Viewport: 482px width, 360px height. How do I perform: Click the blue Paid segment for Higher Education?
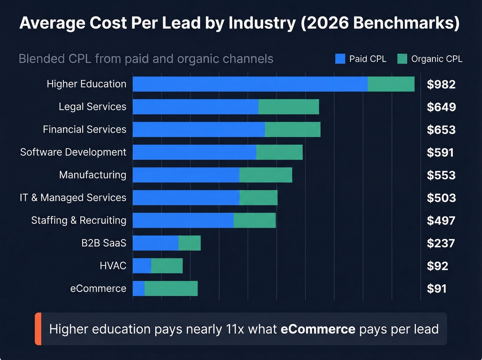click(250, 84)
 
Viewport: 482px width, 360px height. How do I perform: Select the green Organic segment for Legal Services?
click(289, 107)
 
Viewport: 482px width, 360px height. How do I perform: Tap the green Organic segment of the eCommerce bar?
click(171, 289)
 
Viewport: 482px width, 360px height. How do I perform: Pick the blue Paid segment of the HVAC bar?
click(142, 266)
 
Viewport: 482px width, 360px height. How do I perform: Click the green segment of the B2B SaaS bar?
click(189, 243)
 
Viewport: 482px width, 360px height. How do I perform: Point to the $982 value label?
click(441, 84)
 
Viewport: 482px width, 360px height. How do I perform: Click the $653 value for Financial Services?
click(441, 130)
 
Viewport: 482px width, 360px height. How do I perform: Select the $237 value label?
click(441, 244)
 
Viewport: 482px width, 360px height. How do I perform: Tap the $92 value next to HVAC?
click(437, 266)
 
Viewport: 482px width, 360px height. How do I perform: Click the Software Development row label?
click(73, 152)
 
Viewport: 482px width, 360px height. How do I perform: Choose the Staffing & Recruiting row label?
click(78, 220)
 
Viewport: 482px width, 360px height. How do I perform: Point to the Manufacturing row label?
click(93, 175)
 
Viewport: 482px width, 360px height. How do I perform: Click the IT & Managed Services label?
click(73, 198)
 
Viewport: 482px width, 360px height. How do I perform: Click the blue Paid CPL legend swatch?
click(340, 59)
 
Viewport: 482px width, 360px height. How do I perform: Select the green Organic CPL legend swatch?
click(402, 59)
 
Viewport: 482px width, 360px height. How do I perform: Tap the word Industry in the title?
click(262, 23)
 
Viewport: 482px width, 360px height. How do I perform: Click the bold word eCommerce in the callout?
click(318, 329)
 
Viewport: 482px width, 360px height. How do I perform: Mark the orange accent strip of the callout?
click(38, 329)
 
